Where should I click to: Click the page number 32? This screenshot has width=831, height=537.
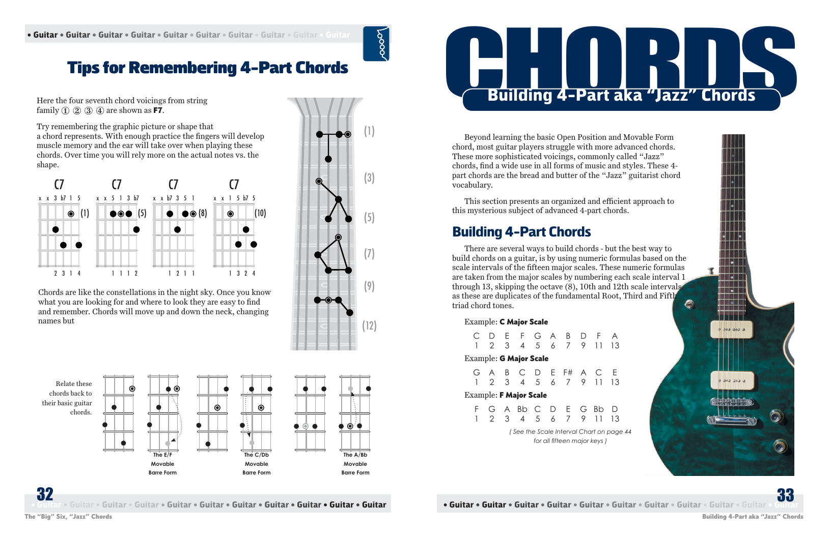[45, 494]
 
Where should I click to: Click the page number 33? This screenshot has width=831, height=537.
[785, 495]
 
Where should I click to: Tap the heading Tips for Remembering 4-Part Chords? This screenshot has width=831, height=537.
[208, 68]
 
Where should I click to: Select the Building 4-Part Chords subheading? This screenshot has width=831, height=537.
[521, 232]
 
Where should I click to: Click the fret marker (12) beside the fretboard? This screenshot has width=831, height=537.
[369, 325]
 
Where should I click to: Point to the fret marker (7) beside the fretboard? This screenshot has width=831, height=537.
[369, 253]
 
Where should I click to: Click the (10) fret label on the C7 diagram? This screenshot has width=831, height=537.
[260, 213]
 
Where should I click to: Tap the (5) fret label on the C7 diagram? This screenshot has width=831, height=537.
[142, 213]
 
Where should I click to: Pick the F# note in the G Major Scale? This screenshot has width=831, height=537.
[568, 372]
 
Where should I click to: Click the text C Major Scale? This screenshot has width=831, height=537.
[523, 322]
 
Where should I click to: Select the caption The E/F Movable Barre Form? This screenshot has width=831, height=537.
[162, 464]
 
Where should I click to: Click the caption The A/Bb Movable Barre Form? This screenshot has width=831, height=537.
[355, 464]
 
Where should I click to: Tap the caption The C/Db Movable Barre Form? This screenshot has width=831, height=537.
[256, 464]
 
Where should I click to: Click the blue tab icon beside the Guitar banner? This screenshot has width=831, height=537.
[376, 44]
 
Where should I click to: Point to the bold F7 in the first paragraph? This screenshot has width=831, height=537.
[158, 110]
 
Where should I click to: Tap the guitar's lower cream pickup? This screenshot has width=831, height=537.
[732, 380]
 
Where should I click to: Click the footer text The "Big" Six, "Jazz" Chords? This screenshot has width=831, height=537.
[68, 517]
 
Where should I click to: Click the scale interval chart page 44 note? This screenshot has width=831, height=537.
[570, 436]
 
